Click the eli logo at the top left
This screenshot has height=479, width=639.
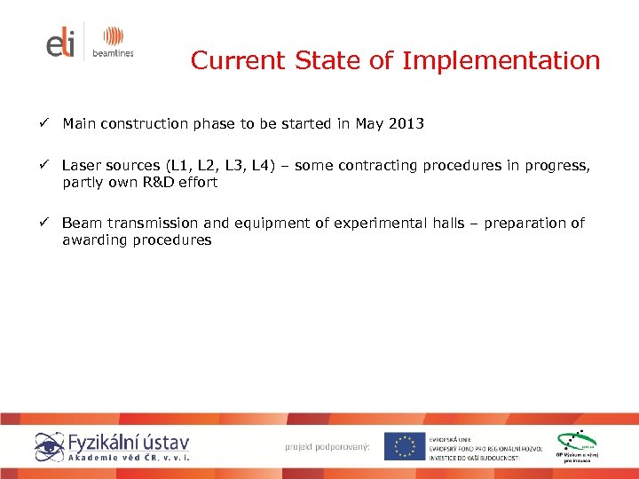click(x=61, y=42)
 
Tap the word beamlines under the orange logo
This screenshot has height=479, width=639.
click(x=112, y=54)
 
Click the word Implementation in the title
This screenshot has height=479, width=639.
click(x=501, y=61)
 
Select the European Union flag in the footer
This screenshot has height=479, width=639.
click(x=404, y=446)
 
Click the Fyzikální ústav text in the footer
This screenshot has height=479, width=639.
click(x=130, y=440)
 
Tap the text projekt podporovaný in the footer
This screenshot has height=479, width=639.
click(x=327, y=446)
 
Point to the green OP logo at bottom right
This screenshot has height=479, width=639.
click(x=576, y=445)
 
